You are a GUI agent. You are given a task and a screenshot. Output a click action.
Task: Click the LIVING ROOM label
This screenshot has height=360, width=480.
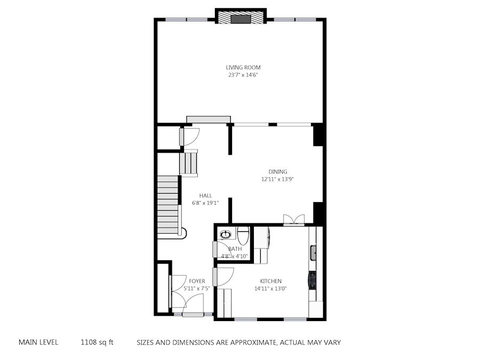tap(243, 67)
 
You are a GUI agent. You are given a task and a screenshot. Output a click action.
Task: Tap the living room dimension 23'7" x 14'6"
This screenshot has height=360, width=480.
tap(243, 75)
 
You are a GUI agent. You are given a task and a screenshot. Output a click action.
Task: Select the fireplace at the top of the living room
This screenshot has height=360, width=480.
tap(241, 16)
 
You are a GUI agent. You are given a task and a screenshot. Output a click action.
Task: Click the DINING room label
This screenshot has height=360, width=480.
tap(278, 172)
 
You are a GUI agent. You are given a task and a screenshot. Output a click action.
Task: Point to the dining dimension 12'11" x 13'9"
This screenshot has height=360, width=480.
tap(277, 179)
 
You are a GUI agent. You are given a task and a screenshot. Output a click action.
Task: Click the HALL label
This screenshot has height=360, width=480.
tap(205, 196)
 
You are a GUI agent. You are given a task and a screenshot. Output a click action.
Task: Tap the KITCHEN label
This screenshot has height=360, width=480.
tap(270, 281)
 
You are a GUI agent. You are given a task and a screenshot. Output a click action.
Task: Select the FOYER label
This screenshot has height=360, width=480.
tap(197, 281)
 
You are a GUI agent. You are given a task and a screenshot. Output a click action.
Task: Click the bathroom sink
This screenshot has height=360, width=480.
tap(226, 235)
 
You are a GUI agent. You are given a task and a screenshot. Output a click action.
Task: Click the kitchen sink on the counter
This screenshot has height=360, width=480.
tap(313, 253)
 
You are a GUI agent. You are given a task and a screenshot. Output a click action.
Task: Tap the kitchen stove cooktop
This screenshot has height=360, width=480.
tap(312, 281)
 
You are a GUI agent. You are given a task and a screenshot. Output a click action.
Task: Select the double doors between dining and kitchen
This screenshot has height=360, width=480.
tap(294, 220)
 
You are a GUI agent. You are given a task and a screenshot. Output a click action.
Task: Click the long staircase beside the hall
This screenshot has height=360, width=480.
tap(168, 206)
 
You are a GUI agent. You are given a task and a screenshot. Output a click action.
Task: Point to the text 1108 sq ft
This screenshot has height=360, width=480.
tap(97, 342)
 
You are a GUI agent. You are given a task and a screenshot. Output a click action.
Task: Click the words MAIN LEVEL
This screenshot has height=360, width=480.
tap(38, 342)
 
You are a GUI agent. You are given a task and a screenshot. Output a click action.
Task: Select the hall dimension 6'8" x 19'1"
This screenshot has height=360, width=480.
tap(205, 203)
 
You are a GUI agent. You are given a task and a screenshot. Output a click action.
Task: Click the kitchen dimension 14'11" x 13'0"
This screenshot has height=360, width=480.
tap(270, 289)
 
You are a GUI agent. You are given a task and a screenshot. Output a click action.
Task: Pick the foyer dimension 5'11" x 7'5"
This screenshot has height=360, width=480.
tap(196, 289)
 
